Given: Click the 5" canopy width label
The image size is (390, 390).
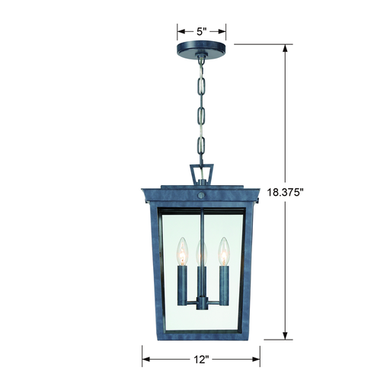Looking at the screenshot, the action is pos(201,31).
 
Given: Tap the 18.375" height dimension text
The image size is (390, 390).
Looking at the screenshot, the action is pos(285,192).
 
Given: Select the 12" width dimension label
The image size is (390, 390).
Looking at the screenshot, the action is pos(201,360).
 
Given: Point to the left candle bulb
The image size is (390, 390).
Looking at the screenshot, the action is pos(182,251).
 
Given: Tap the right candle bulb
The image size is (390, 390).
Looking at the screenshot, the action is pos(223,251).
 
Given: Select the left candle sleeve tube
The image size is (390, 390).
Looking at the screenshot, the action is pos(182,285).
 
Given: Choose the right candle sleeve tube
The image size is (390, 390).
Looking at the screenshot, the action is pos(224,285).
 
